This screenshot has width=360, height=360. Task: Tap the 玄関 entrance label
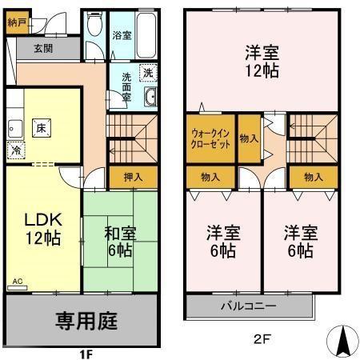tap(43, 48)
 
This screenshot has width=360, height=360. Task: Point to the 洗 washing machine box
tap(148, 73)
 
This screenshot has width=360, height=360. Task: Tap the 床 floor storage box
tap(39, 126)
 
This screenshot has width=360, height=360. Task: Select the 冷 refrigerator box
tap(15, 149)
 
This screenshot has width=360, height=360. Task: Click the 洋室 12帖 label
tap(262, 62)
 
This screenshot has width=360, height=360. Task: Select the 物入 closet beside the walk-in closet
tap(249, 138)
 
